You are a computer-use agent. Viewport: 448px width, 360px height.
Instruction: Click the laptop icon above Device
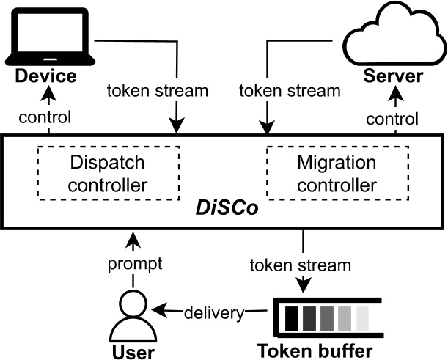49,36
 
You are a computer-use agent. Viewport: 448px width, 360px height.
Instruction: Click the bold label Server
396,77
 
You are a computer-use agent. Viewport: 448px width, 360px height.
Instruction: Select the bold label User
132,352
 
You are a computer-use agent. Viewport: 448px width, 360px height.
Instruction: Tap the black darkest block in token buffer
293,317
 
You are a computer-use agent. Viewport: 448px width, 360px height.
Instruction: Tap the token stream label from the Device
157,92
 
